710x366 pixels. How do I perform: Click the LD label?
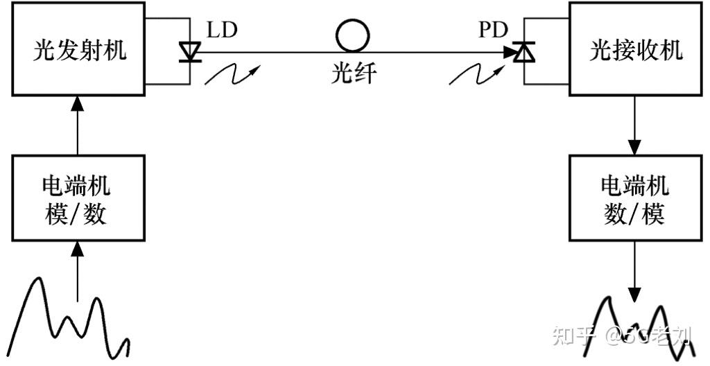pyautogui.click(x=221, y=30)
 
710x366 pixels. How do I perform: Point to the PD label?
pyautogui.click(x=493, y=30)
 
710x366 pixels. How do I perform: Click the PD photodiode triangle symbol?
pyautogui.click(x=524, y=51)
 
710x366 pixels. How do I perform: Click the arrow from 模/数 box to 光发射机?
pyautogui.click(x=77, y=125)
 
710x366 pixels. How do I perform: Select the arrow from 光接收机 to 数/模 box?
pyautogui.click(x=634, y=125)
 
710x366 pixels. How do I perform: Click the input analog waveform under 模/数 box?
pyautogui.click(x=66, y=319)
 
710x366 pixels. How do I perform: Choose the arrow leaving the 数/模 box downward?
pyautogui.click(x=634, y=270)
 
